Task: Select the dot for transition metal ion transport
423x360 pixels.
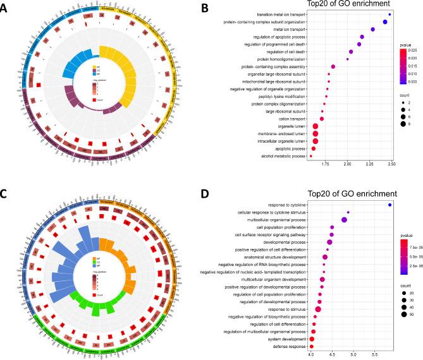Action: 389,14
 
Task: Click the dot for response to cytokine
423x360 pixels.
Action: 390,205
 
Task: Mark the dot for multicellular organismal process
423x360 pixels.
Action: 344,220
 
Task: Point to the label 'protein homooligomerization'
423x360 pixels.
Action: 274,59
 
